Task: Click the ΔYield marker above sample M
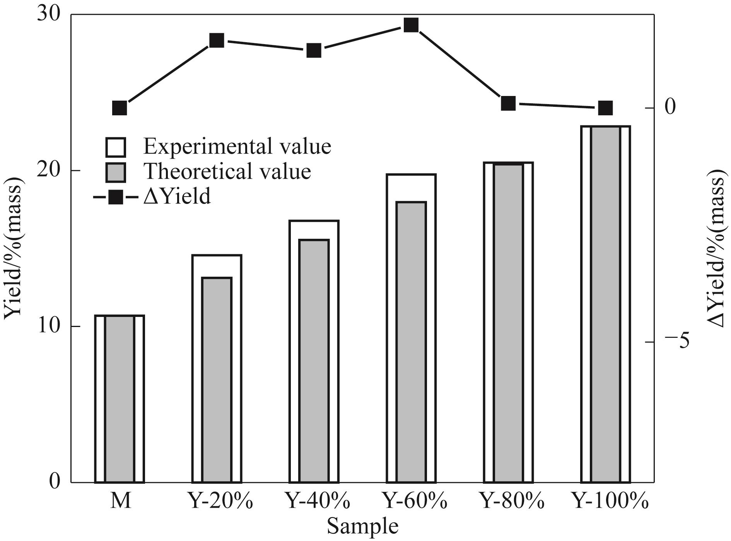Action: pyautogui.click(x=120, y=108)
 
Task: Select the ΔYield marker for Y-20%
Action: pyautogui.click(x=217, y=40)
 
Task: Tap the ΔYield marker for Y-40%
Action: pyautogui.click(x=314, y=50)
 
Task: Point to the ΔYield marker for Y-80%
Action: pyautogui.click(x=508, y=103)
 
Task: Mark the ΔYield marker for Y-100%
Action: pyautogui.click(x=605, y=108)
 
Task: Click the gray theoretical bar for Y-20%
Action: pyautogui.click(x=217, y=379)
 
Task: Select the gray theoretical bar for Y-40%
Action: pyautogui.click(x=314, y=360)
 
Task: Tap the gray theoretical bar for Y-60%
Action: pyautogui.click(x=411, y=341)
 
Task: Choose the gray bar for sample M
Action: pyautogui.click(x=120, y=399)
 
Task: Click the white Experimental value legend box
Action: pyautogui.click(x=116, y=147)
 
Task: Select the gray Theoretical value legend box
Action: pyautogui.click(x=116, y=172)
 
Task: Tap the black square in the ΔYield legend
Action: pyautogui.click(x=116, y=197)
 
